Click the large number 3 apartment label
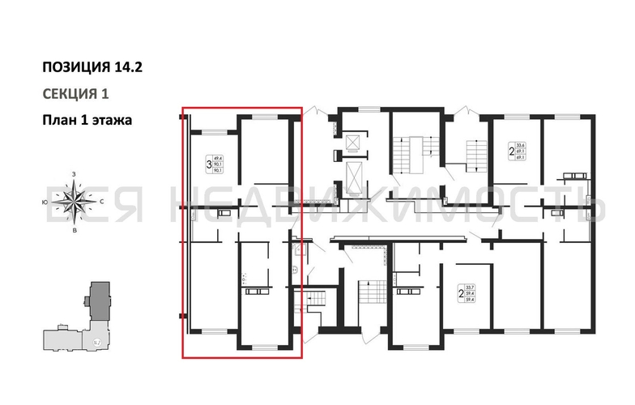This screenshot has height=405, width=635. click(210, 165)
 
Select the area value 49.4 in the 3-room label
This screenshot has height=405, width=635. click(218, 159)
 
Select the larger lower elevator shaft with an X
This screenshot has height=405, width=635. click(354, 174)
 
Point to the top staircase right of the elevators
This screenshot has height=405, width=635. click(405, 151)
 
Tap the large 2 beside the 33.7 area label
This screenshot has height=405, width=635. click(460, 295)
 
